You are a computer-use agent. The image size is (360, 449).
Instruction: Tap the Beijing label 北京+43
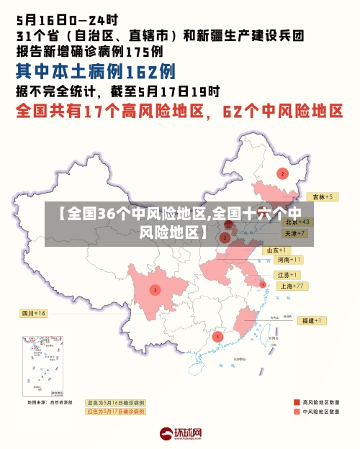[297, 222]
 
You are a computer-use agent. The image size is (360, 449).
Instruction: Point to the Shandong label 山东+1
[277, 250]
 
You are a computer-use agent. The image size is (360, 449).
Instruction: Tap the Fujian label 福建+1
[312, 320]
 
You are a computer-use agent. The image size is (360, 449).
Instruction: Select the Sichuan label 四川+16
[33, 313]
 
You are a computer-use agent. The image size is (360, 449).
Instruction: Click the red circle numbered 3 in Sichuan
[155, 290]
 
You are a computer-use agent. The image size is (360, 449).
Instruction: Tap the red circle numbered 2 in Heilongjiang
[282, 173]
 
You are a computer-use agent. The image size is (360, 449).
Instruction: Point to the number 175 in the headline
[133, 51]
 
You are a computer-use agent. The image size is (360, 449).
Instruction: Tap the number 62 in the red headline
[236, 112]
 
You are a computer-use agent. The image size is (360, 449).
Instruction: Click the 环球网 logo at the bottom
[181, 433]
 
